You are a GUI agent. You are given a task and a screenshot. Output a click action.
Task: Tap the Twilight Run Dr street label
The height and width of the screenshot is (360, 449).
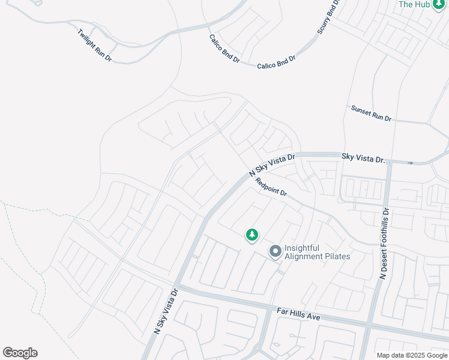pos(95,43)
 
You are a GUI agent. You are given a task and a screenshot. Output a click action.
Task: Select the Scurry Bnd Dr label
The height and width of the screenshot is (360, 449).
pos(328,17)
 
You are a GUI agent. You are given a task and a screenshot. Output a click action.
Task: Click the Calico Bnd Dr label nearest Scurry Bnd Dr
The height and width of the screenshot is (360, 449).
pos(277,62)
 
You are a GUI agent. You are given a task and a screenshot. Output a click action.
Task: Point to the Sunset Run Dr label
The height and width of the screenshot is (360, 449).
pos(371,113)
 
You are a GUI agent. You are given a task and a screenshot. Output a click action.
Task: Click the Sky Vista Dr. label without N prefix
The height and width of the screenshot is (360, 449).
pos(363,158)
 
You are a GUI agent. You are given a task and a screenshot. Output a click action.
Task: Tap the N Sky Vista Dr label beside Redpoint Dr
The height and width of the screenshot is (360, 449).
pos(273,165)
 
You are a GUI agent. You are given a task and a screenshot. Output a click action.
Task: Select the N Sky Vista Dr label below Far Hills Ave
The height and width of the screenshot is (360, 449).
pos(166,311)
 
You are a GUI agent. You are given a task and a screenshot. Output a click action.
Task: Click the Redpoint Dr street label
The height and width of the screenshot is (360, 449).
pos(271,187)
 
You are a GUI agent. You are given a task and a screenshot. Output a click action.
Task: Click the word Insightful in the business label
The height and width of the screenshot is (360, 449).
pos(302,248)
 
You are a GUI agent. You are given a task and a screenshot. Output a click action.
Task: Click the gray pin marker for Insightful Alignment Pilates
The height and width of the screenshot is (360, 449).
pos(276,251)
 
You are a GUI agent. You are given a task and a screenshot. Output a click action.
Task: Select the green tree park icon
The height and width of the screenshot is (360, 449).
pos(252,235)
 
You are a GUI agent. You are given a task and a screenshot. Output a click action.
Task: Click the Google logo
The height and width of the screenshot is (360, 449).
pos(20,352)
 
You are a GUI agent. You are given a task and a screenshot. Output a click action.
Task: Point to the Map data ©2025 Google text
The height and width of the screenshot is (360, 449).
pos(412,355)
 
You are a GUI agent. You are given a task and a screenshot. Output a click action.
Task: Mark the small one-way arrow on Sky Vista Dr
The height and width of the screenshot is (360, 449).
pos(411,163)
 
